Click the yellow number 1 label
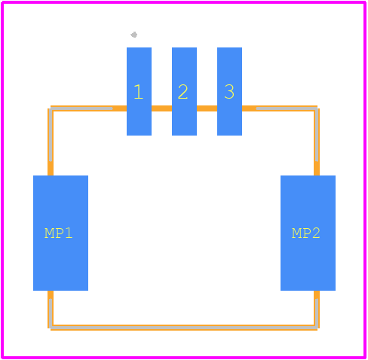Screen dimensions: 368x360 139,92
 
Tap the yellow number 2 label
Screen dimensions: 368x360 182,92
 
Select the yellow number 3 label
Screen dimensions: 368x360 229,92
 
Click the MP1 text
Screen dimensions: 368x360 59,233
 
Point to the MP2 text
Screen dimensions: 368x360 306,233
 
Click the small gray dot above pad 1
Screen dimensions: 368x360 134,35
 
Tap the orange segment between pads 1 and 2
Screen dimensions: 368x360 161,108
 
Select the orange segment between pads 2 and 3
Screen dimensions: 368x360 207,108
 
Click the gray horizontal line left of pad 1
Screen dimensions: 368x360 81,108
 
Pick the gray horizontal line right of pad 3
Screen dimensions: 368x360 287,108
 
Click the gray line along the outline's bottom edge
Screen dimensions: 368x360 184,328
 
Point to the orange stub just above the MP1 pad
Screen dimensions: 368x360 51,169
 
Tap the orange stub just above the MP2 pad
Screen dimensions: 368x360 317,169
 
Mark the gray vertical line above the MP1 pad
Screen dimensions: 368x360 51,135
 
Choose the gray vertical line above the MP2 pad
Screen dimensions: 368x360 317,135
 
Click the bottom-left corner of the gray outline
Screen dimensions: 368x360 51,328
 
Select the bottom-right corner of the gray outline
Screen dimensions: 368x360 317,328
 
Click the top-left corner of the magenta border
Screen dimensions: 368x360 2,2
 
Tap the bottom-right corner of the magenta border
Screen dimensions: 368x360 365,357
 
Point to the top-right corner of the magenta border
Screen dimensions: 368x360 365,2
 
